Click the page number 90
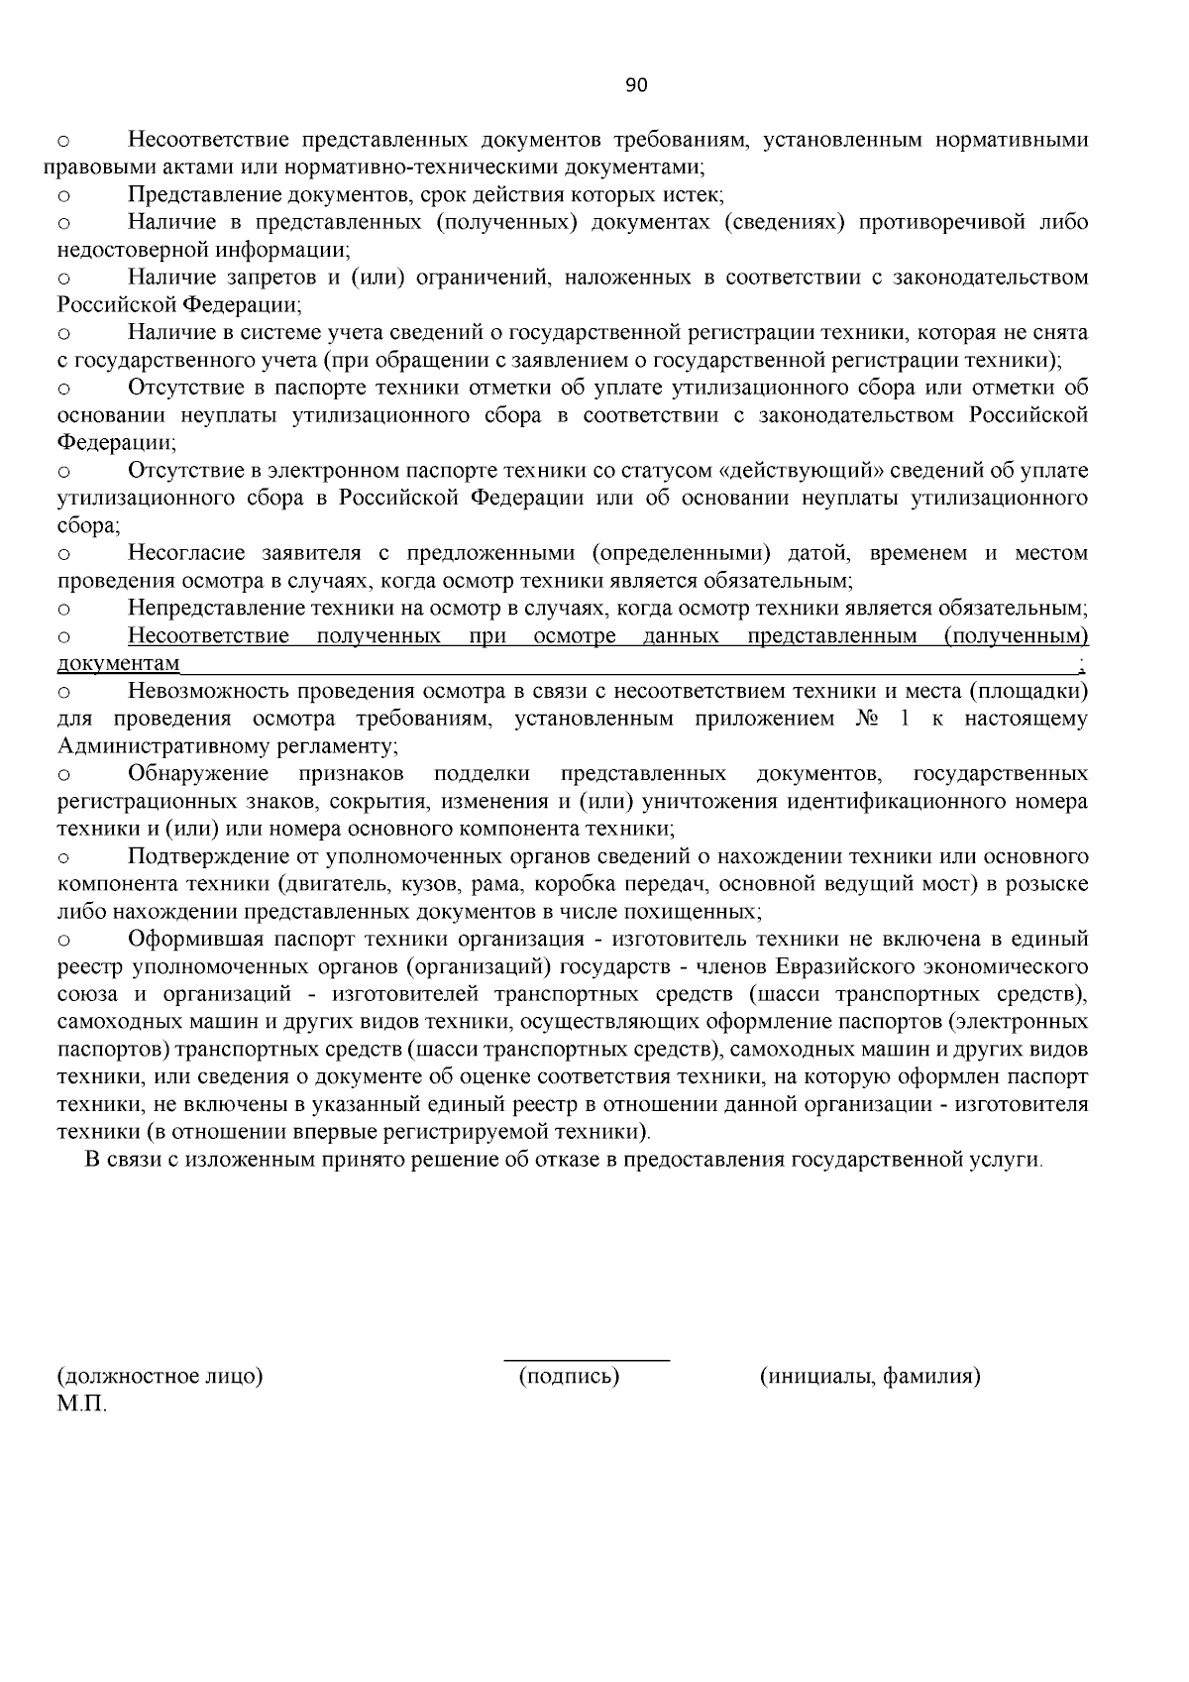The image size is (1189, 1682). pyautogui.click(x=636, y=85)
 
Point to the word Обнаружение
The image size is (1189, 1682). pyautogui.click(x=198, y=773)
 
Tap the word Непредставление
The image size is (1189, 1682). pyautogui.click(x=211, y=608)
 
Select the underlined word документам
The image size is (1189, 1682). pyautogui.click(x=119, y=663)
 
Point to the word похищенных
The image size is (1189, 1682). pyautogui.click(x=706, y=911)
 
